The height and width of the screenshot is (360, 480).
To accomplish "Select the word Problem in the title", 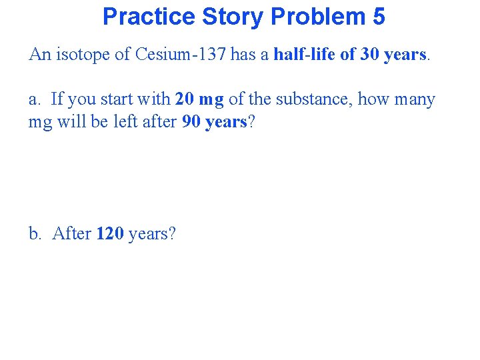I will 308,16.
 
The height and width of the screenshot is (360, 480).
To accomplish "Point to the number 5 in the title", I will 378,16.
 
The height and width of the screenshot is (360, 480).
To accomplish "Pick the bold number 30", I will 370,55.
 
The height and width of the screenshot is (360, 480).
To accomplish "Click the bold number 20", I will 184,100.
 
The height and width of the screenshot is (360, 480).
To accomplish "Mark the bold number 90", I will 191,123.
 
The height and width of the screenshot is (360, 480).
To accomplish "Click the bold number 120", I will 109,234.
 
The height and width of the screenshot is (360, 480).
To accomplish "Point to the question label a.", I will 34,100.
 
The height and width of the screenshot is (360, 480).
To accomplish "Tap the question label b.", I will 35,234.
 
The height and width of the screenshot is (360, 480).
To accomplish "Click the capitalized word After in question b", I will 71,234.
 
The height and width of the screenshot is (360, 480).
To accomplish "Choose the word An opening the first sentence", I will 39,55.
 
